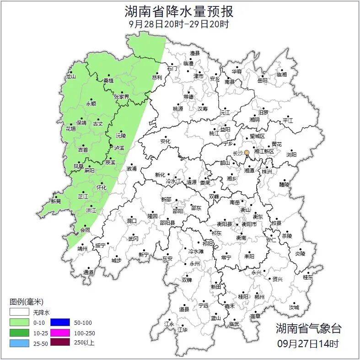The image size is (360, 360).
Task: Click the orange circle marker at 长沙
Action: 247,152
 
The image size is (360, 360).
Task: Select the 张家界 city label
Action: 122,97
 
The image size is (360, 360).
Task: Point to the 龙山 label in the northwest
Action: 70,76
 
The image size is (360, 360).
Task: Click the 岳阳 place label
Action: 262,81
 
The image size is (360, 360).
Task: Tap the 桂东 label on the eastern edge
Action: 308,277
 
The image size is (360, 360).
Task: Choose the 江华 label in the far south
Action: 183,329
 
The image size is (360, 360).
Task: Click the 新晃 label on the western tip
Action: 56,201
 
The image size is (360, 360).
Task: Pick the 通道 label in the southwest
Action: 88,273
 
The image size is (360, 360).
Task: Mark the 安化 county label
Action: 165,142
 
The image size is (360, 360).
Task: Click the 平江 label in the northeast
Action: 288,120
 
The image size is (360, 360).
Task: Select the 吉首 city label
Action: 83,150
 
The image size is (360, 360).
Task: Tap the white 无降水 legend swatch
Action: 19,312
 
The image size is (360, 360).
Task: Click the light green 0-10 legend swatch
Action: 19,322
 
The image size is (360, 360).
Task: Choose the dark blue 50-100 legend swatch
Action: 59,322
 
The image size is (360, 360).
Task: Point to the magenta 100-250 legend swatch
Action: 59,333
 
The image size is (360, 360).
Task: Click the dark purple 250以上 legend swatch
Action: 59,342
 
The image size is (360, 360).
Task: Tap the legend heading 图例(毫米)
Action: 27,302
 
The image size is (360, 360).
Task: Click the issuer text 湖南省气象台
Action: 308,328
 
